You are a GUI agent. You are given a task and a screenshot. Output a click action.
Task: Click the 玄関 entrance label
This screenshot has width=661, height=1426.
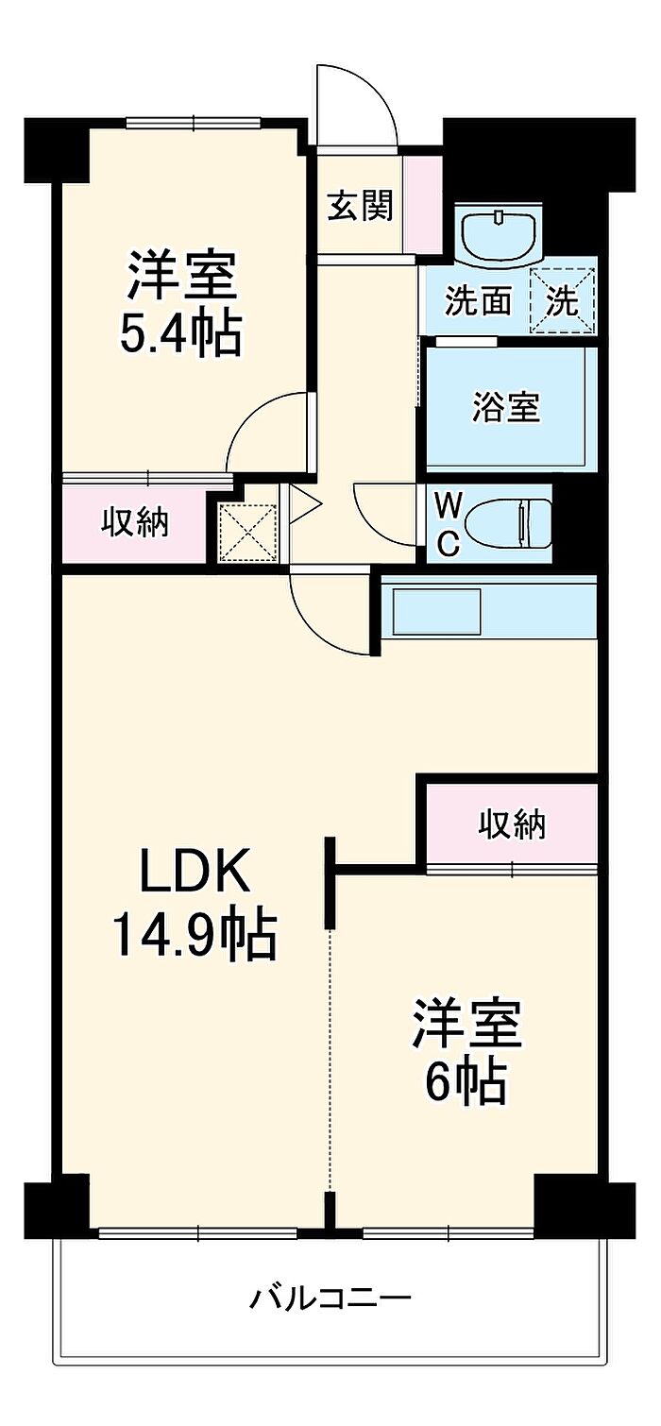(x=360, y=206)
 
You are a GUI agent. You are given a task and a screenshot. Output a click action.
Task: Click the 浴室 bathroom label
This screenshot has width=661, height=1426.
(x=507, y=408)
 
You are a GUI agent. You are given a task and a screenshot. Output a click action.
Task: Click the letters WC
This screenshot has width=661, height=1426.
(x=448, y=525)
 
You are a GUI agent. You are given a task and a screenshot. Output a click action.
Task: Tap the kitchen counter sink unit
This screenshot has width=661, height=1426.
(x=437, y=612)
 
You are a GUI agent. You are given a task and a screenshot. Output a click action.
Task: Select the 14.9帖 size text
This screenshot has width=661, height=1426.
(x=195, y=933)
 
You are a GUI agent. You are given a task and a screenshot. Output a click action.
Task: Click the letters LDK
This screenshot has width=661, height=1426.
(x=195, y=873)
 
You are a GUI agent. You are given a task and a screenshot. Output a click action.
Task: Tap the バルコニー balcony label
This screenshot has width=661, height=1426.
(x=330, y=1299)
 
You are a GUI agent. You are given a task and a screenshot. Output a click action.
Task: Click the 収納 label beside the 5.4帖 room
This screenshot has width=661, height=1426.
(x=135, y=521)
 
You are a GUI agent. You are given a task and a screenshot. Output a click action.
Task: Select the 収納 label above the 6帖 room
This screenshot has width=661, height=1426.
(x=511, y=824)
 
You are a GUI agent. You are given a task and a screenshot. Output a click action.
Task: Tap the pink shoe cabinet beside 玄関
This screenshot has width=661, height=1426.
(x=423, y=203)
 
